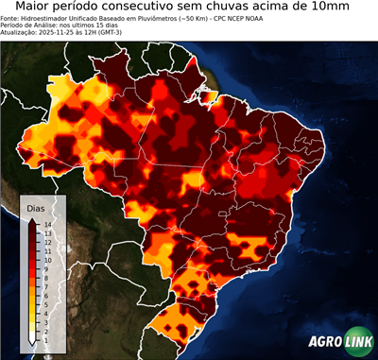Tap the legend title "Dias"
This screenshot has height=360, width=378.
35,207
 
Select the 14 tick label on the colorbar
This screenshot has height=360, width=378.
46,224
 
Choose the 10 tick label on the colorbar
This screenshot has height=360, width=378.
46,255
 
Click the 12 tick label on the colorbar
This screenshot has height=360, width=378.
46,239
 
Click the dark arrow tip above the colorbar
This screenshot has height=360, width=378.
33,219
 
